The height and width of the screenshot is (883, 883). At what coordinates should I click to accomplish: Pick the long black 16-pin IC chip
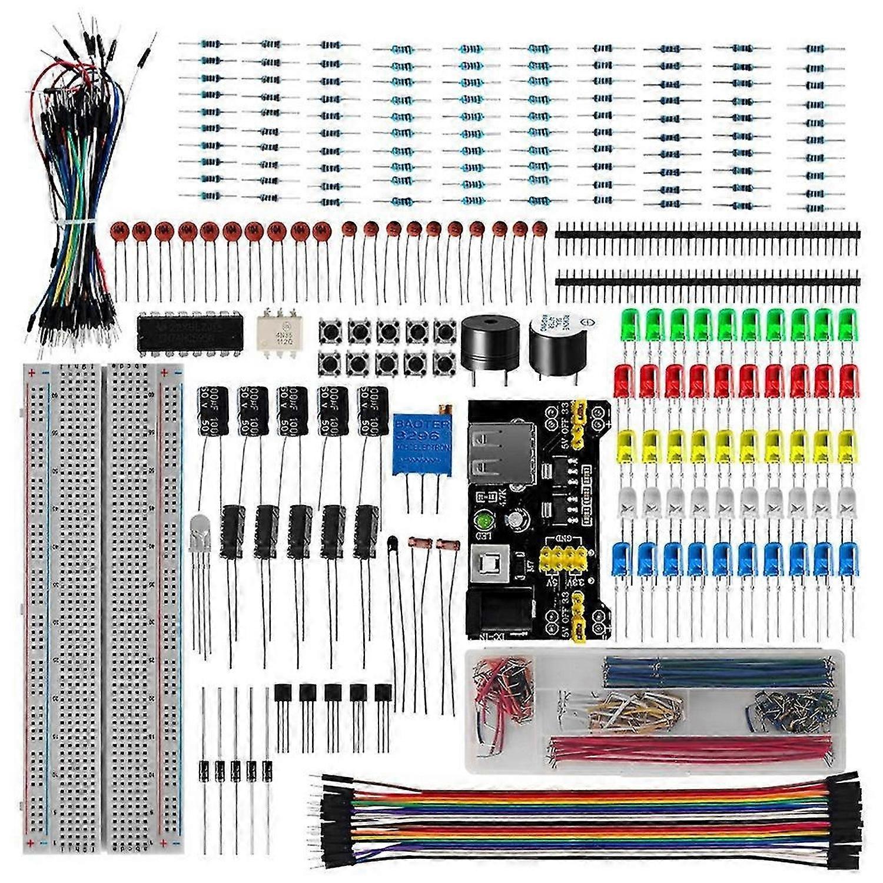pos(183,332)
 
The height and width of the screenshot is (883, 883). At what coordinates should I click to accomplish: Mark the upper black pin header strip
pos(706,234)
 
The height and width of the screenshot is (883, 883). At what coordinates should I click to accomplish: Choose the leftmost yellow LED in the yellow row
pos(626,445)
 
